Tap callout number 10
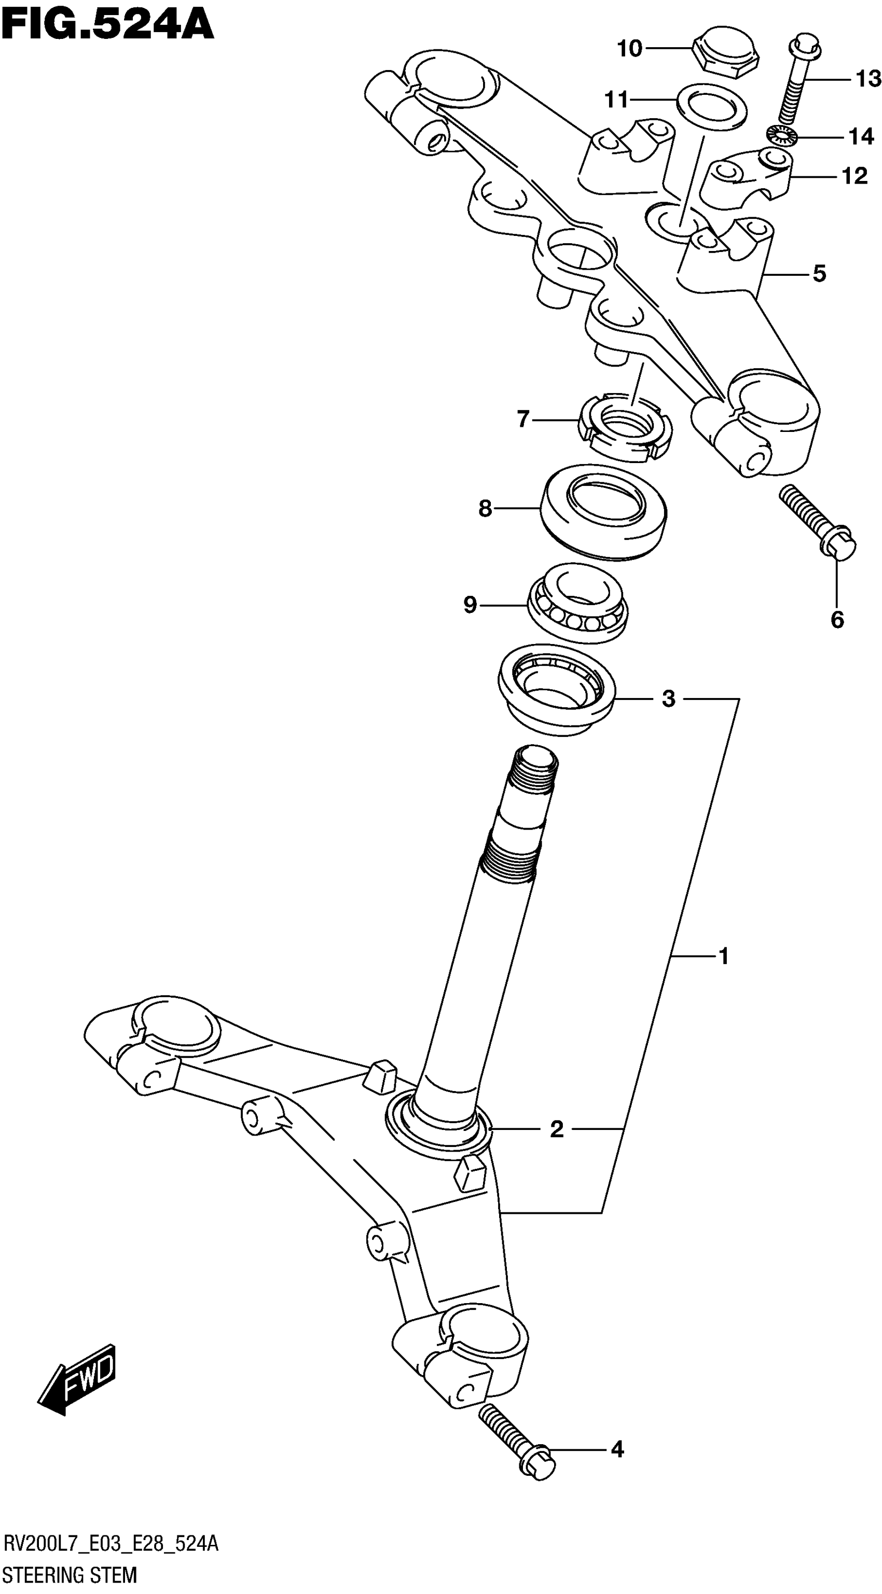630,48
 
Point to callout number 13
868,79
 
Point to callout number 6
837,619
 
